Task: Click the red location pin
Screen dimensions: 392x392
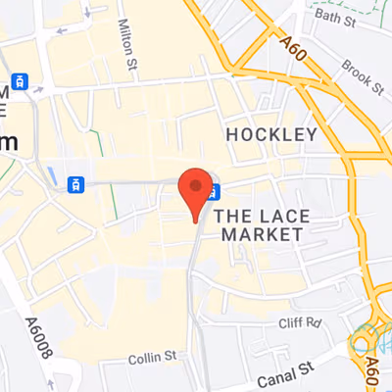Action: click(x=197, y=188)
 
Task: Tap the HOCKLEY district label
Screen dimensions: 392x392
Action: click(x=271, y=134)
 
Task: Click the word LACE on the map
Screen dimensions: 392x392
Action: click(x=285, y=215)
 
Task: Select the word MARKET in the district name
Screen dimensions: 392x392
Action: click(x=262, y=235)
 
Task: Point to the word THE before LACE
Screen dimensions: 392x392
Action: click(x=235, y=215)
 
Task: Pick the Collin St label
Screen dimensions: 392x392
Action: click(x=150, y=359)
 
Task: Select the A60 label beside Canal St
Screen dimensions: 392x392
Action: click(x=372, y=370)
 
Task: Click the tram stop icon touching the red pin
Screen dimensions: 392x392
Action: click(x=215, y=191)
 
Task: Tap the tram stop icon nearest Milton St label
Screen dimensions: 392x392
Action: click(x=17, y=81)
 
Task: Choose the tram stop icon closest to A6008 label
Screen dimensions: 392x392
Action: click(x=73, y=183)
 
